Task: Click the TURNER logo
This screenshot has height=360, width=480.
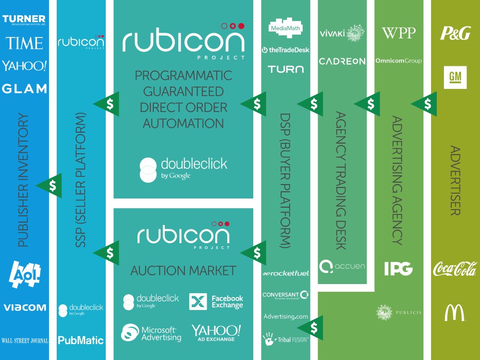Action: pos(24,20)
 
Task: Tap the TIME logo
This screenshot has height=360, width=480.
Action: pos(24,43)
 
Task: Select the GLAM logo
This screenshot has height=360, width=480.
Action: pos(24,88)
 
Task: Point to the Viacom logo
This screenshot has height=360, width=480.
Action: pos(25,307)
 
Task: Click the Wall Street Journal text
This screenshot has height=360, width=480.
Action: pos(25,340)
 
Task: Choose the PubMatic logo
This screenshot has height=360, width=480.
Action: pos(81,340)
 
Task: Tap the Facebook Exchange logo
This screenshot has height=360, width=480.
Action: pos(216,301)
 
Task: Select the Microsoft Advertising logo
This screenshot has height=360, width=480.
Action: pos(151,333)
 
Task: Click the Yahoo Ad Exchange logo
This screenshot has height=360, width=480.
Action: pos(216,333)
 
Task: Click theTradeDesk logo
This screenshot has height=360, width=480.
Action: pos(285,50)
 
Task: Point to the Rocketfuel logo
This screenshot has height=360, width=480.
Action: pos(285,273)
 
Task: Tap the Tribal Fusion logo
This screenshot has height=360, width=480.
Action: pos(285,339)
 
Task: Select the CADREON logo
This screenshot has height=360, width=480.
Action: pos(342,61)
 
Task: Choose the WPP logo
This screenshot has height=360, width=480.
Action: pos(398,33)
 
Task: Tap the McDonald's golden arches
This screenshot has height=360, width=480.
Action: pos(455,313)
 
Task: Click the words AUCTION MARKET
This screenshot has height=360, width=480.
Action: pos(183,270)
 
